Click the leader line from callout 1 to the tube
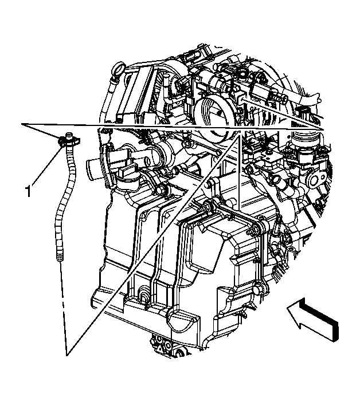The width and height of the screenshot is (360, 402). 46,166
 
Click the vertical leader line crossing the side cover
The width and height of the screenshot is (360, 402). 238,172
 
